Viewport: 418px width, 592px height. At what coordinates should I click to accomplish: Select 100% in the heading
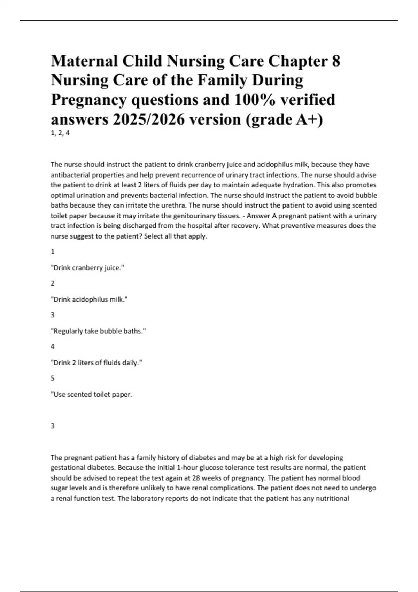click(255, 100)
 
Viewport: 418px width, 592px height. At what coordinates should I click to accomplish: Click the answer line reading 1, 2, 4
click(60, 133)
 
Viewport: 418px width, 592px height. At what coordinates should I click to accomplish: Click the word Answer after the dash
click(258, 216)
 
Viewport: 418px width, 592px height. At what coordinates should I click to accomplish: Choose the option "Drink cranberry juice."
click(87, 268)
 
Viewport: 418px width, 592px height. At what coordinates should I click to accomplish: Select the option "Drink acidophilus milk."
click(89, 299)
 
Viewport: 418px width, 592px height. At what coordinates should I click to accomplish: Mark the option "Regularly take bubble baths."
click(98, 331)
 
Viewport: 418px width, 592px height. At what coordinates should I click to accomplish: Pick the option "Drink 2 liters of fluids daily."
click(96, 363)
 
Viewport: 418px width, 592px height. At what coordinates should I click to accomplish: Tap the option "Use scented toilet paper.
click(92, 394)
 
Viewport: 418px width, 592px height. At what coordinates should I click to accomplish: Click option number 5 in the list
click(53, 378)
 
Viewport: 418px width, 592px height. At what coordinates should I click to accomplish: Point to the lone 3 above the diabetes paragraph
click(53, 426)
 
